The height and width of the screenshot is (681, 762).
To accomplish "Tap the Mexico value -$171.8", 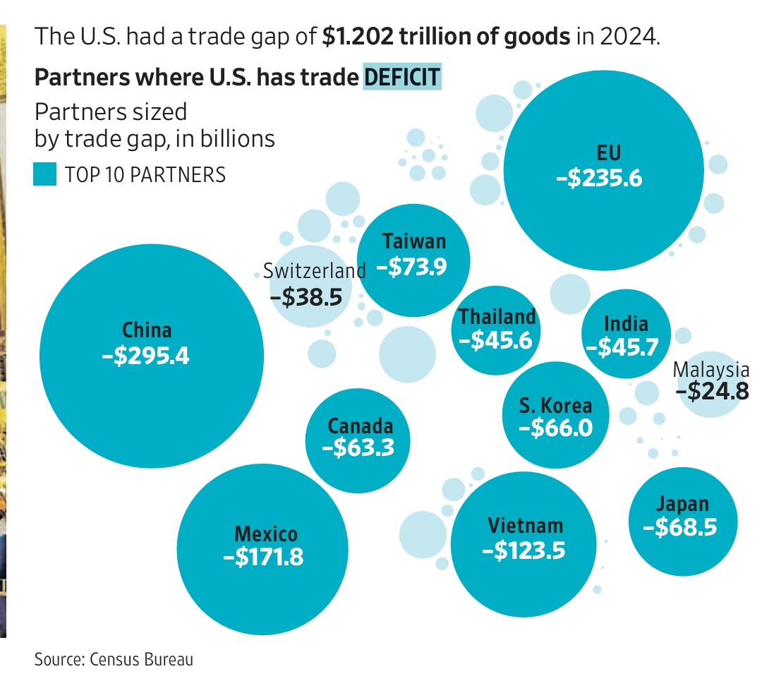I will click(x=263, y=557).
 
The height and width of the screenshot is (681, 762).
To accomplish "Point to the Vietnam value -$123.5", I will click(x=524, y=550).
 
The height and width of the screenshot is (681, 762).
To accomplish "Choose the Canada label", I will click(x=360, y=426).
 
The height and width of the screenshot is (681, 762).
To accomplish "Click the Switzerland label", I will click(x=314, y=270).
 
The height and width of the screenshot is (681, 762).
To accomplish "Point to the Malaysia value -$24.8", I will click(x=712, y=390).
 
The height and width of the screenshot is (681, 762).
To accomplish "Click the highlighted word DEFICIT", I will click(x=402, y=77).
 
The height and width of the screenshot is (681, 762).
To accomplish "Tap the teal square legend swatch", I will click(x=44, y=174).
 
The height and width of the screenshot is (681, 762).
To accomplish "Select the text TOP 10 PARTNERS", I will click(x=145, y=174).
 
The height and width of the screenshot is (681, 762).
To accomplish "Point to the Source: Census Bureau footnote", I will click(x=114, y=660).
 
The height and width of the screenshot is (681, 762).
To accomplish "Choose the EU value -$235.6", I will click(x=599, y=178).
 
